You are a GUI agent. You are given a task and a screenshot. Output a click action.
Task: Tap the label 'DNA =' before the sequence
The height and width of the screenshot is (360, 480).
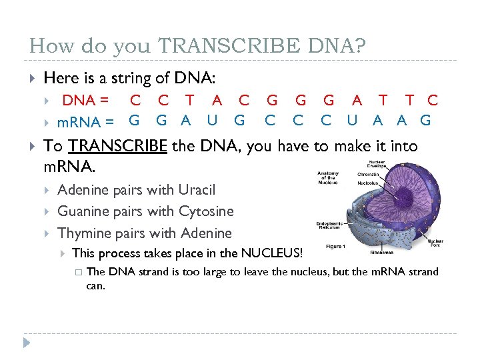click(x=86, y=101)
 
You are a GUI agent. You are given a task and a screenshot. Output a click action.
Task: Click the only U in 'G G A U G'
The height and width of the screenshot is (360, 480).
click(x=212, y=121)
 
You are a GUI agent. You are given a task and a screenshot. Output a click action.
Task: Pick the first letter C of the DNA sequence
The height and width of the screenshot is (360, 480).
click(x=135, y=101)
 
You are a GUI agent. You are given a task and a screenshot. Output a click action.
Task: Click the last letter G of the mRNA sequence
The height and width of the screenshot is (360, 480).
click(x=426, y=121)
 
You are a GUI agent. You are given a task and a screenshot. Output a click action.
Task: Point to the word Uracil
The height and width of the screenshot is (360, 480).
click(x=197, y=190)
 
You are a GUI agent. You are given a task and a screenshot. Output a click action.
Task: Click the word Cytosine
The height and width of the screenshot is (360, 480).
click(x=206, y=211)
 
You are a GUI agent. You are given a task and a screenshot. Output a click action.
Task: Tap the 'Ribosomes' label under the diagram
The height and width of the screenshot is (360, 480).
click(x=383, y=253)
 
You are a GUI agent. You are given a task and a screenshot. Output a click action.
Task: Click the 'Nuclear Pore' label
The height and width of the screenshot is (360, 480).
click(x=435, y=243)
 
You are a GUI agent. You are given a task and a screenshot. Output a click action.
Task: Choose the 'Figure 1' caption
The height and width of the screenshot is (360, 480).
click(x=335, y=247)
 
